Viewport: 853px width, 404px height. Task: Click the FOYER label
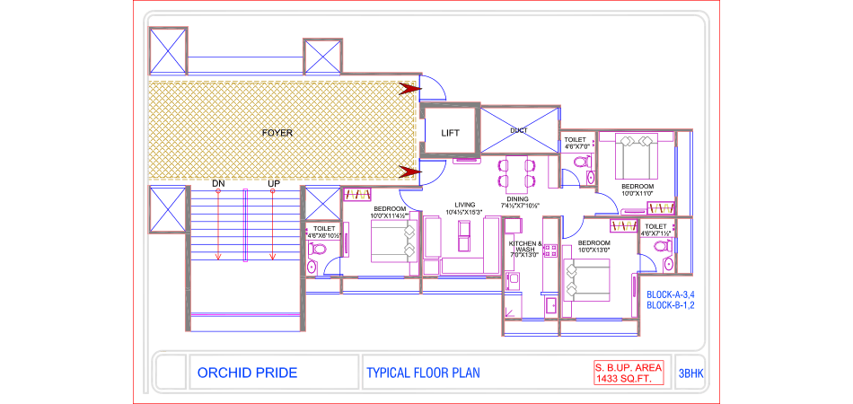(x=277, y=133)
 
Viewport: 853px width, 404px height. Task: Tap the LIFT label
(x=450, y=133)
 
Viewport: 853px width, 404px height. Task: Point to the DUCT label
(x=518, y=130)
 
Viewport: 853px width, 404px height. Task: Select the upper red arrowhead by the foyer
(x=409, y=88)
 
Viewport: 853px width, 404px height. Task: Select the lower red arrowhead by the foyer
(x=409, y=171)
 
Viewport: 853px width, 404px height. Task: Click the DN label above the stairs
(x=218, y=184)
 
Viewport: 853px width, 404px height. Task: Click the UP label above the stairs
(x=273, y=184)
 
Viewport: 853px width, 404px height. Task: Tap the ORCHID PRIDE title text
(x=247, y=373)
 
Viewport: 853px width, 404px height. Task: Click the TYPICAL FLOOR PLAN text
(x=424, y=373)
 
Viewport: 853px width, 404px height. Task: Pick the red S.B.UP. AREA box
(x=628, y=373)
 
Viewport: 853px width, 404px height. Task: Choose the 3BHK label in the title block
(x=690, y=373)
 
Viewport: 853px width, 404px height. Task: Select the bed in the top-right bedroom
(x=635, y=162)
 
